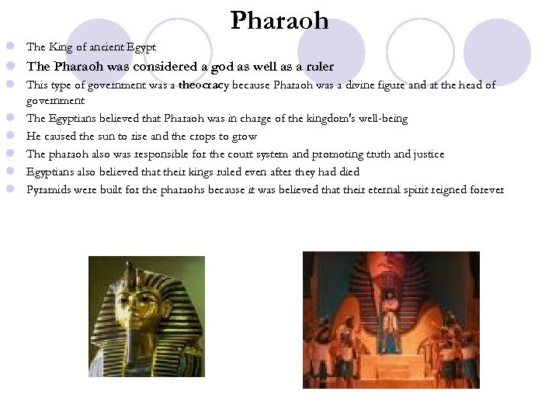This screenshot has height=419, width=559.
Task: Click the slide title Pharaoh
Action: click(279, 20)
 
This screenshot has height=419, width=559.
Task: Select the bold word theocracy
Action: click(204, 85)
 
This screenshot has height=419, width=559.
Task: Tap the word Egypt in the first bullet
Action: click(142, 47)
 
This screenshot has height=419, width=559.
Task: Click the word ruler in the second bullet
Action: click(318, 67)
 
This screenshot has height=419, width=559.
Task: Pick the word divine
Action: click(376, 85)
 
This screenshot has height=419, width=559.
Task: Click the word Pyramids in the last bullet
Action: click(50, 189)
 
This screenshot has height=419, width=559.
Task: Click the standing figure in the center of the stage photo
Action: click(390, 319)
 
